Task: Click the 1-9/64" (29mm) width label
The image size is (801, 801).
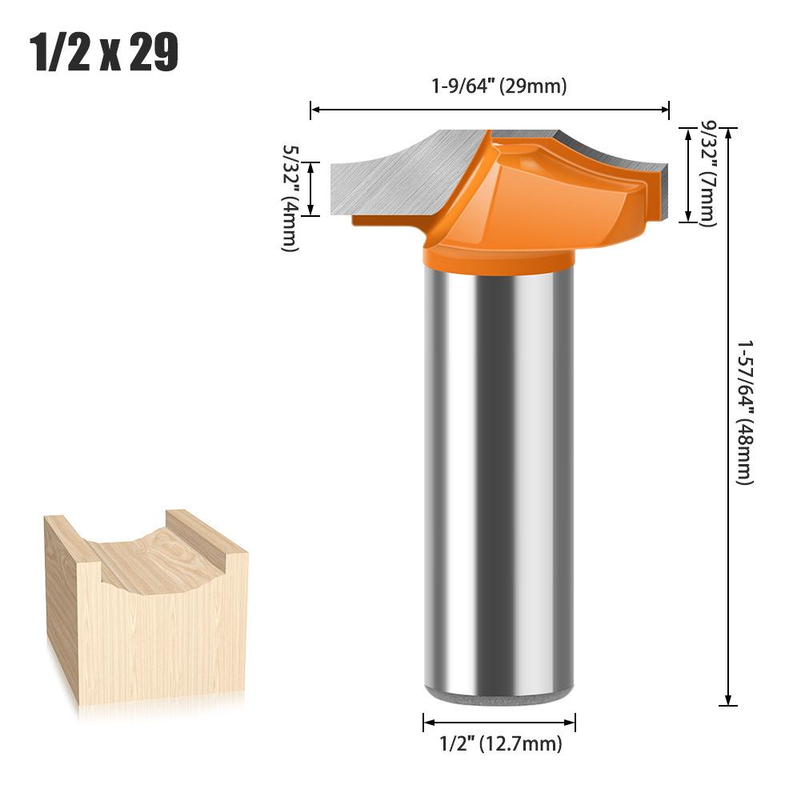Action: click(499, 86)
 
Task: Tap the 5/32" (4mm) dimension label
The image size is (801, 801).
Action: click(290, 198)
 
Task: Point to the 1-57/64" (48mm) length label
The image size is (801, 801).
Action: click(745, 412)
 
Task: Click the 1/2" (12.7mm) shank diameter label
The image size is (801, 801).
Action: click(501, 744)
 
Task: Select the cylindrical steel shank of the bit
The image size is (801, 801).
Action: click(499, 480)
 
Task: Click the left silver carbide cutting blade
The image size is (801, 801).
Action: click(392, 176)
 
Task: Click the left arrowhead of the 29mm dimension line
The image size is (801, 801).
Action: click(314, 106)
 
